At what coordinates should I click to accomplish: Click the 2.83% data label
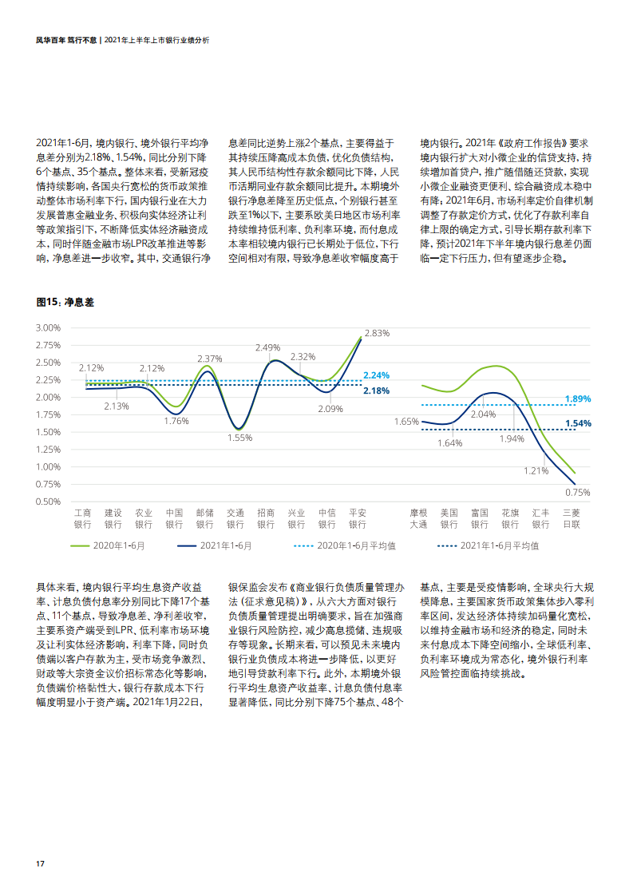coord(376,333)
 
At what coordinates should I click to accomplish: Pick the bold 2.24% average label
coord(376,375)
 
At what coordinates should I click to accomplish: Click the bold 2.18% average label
coord(376,391)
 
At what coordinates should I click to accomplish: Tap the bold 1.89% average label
coord(577,398)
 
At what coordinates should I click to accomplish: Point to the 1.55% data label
coord(239,438)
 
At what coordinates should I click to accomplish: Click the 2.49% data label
coord(268,347)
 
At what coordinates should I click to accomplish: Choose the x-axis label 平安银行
coord(357,518)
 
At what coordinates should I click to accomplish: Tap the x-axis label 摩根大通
coord(418,518)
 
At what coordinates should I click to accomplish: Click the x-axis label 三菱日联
coord(572,518)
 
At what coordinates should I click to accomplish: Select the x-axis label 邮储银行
coord(204,518)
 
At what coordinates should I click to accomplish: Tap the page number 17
coord(39,864)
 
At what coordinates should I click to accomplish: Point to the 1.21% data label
coord(536,470)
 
